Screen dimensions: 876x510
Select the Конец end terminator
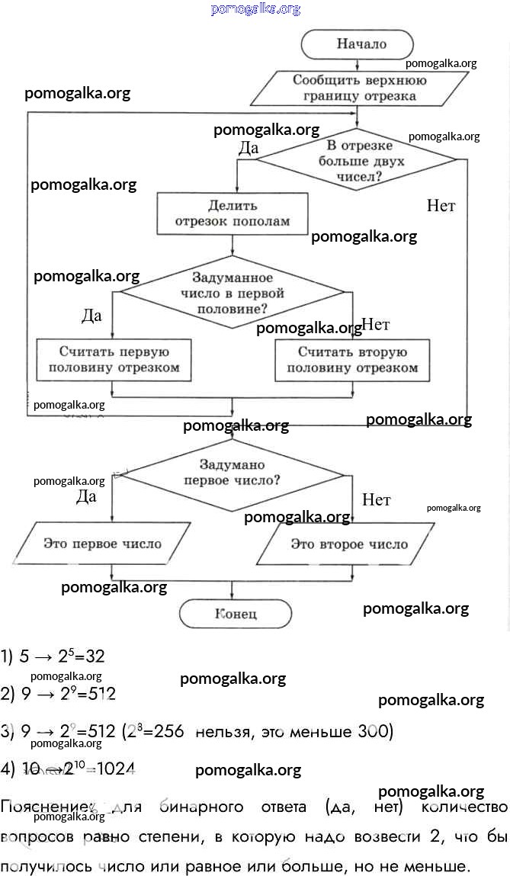(236, 614)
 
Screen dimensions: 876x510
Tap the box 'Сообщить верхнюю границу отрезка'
(358, 88)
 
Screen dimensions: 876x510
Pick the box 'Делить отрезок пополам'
(233, 213)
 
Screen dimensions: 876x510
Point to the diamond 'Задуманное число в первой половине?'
(233, 294)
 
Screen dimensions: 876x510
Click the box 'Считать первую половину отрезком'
(114, 360)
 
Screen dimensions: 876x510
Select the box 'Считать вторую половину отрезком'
(352, 360)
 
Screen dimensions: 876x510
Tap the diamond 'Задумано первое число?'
(232, 473)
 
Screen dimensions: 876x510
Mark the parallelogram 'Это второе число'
(349, 544)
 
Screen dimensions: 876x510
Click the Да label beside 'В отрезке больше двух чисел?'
(249, 148)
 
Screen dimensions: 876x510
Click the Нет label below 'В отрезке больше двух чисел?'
(441, 206)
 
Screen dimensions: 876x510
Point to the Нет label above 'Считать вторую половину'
(375, 325)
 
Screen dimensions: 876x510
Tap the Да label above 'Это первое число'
(86, 497)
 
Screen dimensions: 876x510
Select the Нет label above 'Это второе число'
(376, 500)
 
